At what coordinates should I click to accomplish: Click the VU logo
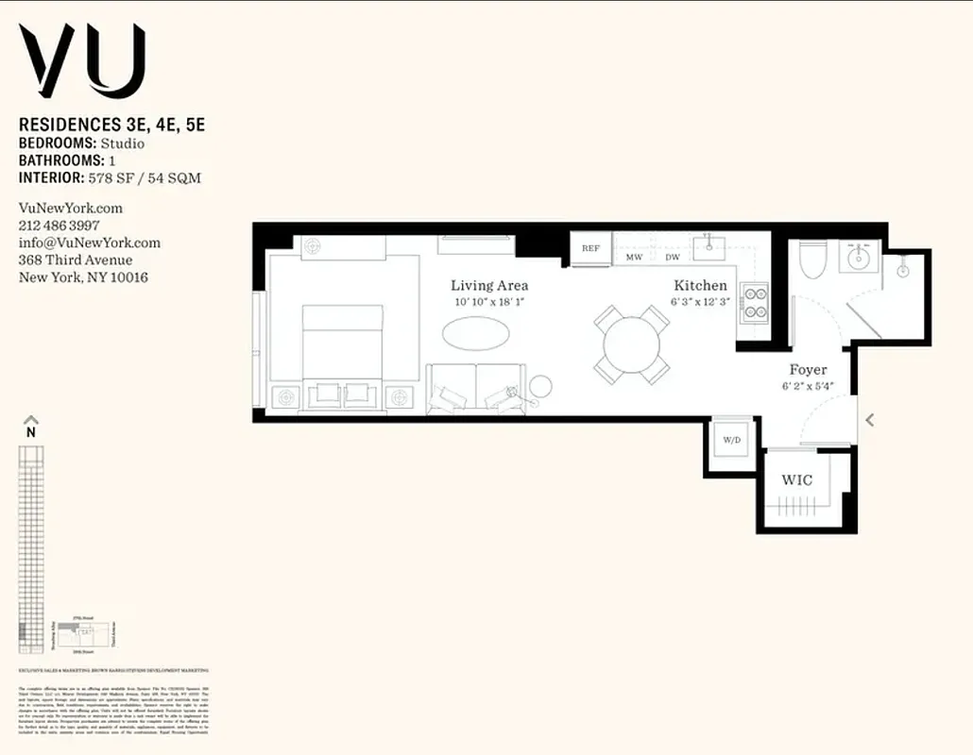[83, 61]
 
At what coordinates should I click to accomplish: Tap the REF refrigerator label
[591, 248]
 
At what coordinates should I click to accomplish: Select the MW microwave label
[634, 257]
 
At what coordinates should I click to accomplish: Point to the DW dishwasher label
[673, 257]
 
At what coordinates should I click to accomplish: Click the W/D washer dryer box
[732, 441]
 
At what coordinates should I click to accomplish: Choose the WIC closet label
[796, 480]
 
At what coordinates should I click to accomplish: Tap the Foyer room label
[808, 370]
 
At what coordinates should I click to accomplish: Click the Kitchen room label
[700, 285]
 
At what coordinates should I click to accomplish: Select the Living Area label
[489, 285]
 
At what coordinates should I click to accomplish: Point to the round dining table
[633, 344]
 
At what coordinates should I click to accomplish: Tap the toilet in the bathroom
[812, 260]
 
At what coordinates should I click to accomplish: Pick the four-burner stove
[756, 302]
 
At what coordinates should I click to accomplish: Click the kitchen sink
[708, 248]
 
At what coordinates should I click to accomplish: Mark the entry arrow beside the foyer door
[870, 420]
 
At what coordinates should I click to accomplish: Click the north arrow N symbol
[31, 427]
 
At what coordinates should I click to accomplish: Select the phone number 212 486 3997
[60, 226]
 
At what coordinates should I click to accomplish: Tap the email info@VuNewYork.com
[90, 243]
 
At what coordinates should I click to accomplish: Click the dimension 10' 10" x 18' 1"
[489, 302]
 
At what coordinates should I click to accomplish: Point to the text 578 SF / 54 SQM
[144, 177]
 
